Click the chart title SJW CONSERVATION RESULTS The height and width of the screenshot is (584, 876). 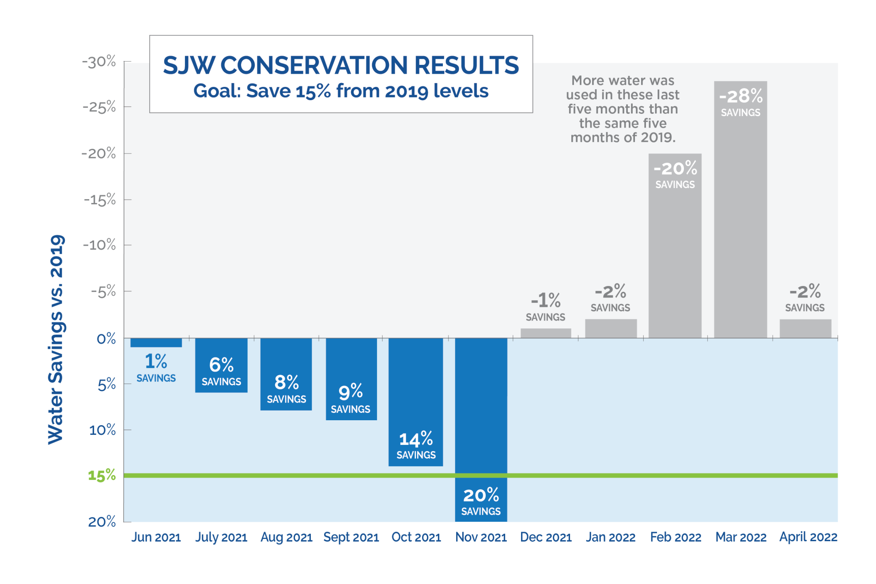(x=340, y=65)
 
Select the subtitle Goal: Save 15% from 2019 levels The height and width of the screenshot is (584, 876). (x=340, y=91)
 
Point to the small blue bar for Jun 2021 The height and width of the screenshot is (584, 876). (x=156, y=343)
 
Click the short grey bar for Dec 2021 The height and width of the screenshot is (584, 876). (x=546, y=333)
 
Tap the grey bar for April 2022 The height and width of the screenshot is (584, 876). (x=805, y=328)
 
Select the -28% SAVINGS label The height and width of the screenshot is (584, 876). (x=740, y=102)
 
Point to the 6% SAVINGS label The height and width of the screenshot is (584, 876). (x=221, y=371)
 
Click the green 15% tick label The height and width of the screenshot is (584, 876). (x=102, y=475)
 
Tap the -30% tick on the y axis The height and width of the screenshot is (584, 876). (x=99, y=62)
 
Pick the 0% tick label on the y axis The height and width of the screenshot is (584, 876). (x=106, y=339)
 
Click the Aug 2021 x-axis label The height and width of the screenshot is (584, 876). (x=286, y=537)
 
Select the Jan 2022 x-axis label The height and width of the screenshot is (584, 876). (x=611, y=537)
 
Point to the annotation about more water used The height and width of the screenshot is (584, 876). (x=623, y=109)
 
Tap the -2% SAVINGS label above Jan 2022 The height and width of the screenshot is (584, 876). (x=610, y=298)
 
